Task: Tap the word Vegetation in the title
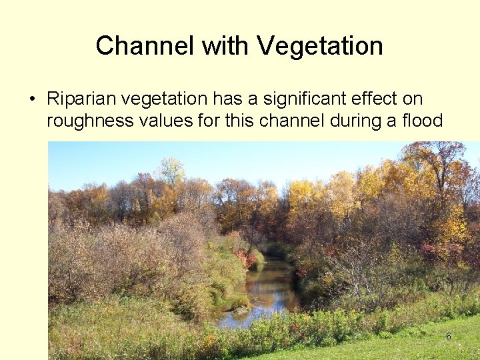coord(319,46)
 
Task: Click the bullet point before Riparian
coord(32,100)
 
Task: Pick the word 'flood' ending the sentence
coord(423,121)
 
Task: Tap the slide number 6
coord(449,337)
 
